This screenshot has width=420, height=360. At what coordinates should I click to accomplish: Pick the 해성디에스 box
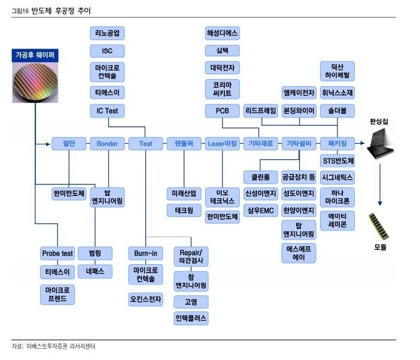click(x=222, y=34)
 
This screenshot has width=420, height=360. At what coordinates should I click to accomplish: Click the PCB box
click(x=222, y=111)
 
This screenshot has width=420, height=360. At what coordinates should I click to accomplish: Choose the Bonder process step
click(x=107, y=144)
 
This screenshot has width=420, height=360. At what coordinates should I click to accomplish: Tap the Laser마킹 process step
click(x=222, y=144)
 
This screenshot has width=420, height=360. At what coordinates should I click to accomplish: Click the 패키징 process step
click(x=337, y=144)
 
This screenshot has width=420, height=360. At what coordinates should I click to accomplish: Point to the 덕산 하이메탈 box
click(x=337, y=71)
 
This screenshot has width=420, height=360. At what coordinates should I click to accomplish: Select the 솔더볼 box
click(x=337, y=111)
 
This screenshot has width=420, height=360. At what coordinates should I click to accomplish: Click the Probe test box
click(x=57, y=253)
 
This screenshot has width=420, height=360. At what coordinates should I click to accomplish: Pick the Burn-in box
click(x=145, y=253)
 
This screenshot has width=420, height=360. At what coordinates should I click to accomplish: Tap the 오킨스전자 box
click(x=145, y=299)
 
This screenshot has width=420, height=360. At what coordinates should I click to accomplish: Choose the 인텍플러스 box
click(x=191, y=317)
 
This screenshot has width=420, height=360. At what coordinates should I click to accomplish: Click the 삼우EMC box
click(x=260, y=210)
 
